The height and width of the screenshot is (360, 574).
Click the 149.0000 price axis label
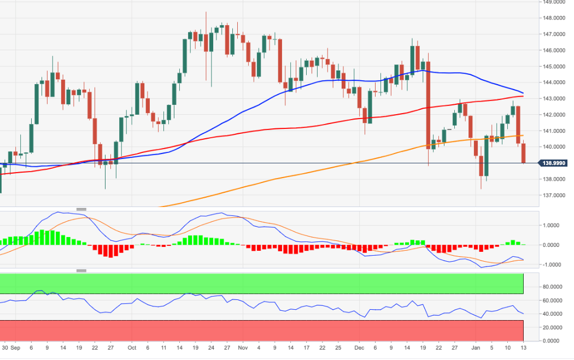click(x=551, y=2)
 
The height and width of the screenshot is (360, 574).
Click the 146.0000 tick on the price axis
click(x=551, y=50)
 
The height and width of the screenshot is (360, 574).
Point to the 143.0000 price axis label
click(x=551, y=99)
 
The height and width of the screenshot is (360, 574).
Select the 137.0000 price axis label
click(x=551, y=196)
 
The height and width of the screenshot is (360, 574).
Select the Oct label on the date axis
click(x=131, y=347)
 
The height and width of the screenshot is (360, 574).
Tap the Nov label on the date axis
click(x=242, y=347)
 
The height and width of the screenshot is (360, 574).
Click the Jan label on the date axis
click(x=475, y=347)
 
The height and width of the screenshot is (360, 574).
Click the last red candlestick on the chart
click(x=524, y=153)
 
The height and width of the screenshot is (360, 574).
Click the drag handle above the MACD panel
click(x=81, y=209)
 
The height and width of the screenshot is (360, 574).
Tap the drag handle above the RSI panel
click(x=81, y=270)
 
